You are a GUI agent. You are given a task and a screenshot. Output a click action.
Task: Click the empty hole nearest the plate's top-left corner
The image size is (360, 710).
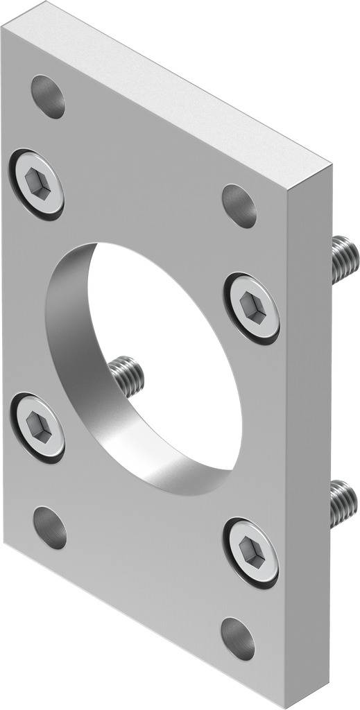point(49,96)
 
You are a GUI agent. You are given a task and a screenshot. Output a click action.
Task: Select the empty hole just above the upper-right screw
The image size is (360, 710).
point(239,205)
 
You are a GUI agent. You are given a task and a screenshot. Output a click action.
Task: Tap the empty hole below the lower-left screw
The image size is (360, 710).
point(50,528)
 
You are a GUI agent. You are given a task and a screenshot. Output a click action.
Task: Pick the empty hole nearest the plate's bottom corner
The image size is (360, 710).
point(238,638)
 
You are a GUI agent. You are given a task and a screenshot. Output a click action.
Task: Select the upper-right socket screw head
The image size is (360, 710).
point(251,306)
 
